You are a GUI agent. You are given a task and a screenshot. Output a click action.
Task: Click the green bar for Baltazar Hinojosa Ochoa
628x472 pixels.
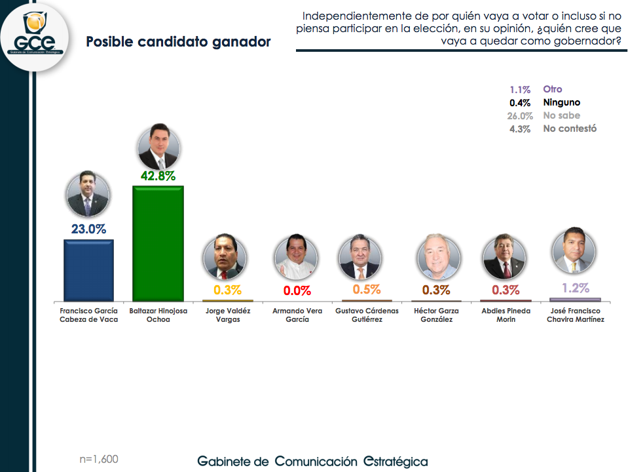158,243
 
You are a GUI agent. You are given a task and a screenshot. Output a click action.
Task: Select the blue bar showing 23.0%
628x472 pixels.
88,269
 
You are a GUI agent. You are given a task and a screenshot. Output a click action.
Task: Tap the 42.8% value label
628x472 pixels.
158,176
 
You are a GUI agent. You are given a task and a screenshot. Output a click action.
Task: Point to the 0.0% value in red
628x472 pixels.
297,290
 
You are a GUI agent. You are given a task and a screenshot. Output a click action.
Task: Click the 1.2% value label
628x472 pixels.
576,288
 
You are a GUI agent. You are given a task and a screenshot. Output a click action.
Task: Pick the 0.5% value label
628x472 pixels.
366,289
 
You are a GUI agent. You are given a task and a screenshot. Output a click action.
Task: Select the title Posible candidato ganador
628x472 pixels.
178,42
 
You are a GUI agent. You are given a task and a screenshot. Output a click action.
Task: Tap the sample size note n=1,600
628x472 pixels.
98,459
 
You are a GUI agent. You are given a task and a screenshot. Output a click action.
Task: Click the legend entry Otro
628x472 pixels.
552,89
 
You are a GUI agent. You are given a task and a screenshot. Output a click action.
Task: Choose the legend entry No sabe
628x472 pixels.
561,115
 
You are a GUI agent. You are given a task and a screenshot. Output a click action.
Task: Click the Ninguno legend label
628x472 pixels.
561,102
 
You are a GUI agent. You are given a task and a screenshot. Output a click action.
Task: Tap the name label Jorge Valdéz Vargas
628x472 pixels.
228,315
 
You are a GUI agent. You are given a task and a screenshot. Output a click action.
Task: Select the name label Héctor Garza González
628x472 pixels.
436,315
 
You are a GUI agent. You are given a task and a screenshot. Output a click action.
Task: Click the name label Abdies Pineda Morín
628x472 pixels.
506,315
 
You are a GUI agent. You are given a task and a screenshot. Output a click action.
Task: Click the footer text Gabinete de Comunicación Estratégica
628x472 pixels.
312,462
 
